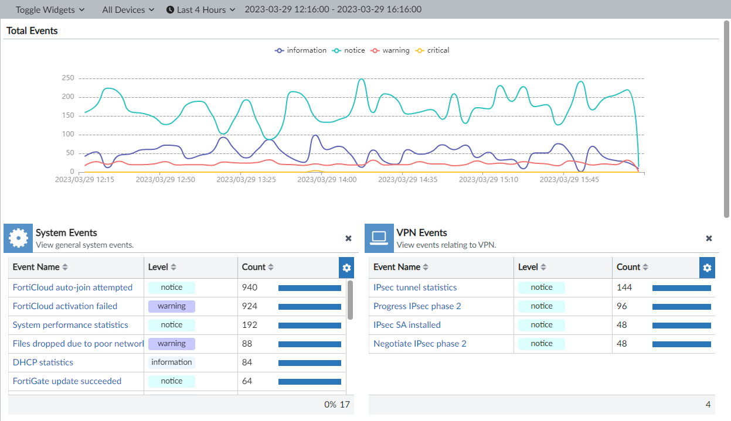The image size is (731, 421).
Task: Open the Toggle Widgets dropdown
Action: (x=50, y=9)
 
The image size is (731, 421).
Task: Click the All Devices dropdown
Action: (x=128, y=9)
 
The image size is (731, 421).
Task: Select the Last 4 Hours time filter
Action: (x=200, y=9)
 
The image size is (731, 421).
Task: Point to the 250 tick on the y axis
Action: (x=68, y=78)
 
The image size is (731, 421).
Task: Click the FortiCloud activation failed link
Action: (x=65, y=306)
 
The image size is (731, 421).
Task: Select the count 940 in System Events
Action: (x=250, y=287)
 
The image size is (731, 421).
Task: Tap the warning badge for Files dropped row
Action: (x=171, y=344)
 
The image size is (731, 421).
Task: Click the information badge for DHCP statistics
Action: (x=171, y=362)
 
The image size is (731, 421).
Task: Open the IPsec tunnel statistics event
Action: (x=415, y=287)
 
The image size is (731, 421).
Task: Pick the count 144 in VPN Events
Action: (x=624, y=287)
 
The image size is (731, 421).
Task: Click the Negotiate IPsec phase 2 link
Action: (x=420, y=344)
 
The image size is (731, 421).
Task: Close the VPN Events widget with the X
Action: (x=709, y=238)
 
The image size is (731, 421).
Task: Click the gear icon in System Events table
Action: (x=346, y=268)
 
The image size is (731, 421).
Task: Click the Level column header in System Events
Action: (x=162, y=267)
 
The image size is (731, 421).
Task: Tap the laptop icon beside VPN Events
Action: (x=379, y=238)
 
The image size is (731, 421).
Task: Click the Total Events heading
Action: (x=32, y=30)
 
